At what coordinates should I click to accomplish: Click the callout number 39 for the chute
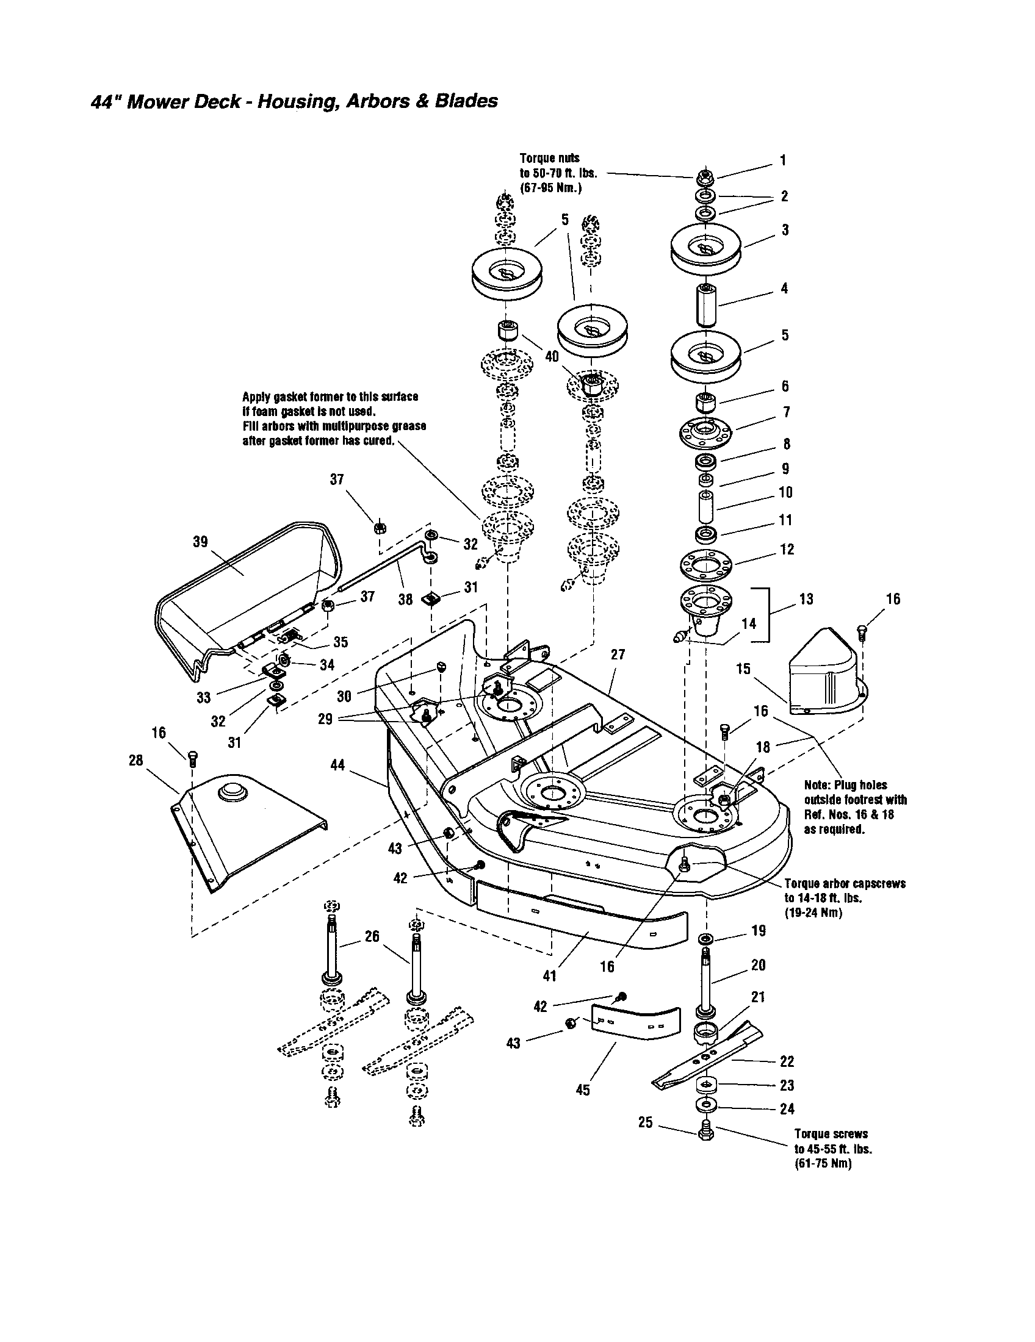200,541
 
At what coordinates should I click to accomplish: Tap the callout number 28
136,760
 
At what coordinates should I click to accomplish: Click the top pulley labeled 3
706,246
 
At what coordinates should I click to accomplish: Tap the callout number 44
337,765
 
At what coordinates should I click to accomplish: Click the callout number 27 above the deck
618,655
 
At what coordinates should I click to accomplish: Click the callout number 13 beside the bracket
806,598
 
